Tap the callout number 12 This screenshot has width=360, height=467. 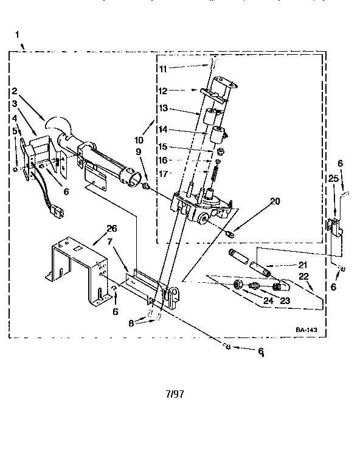162,90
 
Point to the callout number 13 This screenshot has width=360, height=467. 162,109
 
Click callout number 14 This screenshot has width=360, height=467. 162,129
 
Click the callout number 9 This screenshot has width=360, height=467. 139,151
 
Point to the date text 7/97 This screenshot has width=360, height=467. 174,393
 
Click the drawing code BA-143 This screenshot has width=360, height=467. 307,330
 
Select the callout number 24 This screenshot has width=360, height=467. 268,299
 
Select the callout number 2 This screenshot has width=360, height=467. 13,91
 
